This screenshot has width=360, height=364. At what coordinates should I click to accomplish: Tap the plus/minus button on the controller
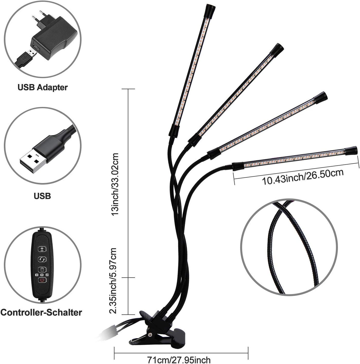[42, 249]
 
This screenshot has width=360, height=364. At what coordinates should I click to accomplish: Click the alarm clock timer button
[42, 269]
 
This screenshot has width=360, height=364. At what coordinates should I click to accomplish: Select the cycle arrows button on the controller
[42, 259]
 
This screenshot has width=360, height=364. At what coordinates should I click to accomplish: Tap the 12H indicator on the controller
[47, 275]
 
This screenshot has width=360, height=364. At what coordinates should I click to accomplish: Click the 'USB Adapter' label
[42, 87]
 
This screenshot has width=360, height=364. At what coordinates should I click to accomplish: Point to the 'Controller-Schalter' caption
[41, 312]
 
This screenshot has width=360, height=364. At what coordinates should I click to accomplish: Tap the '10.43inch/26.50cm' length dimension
[303, 177]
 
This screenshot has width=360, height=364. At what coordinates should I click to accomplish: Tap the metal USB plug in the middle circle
[33, 162]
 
